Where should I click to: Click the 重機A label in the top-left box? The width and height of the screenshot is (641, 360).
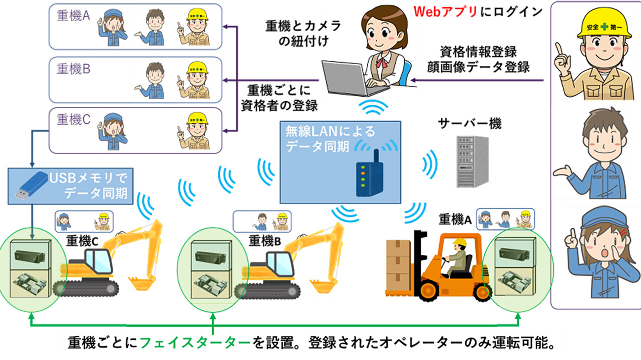[x=73, y=16]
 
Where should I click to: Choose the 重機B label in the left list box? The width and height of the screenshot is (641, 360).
[x=73, y=69]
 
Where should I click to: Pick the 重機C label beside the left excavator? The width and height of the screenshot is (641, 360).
[x=81, y=241]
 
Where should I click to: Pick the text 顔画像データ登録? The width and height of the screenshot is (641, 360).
[x=485, y=66]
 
